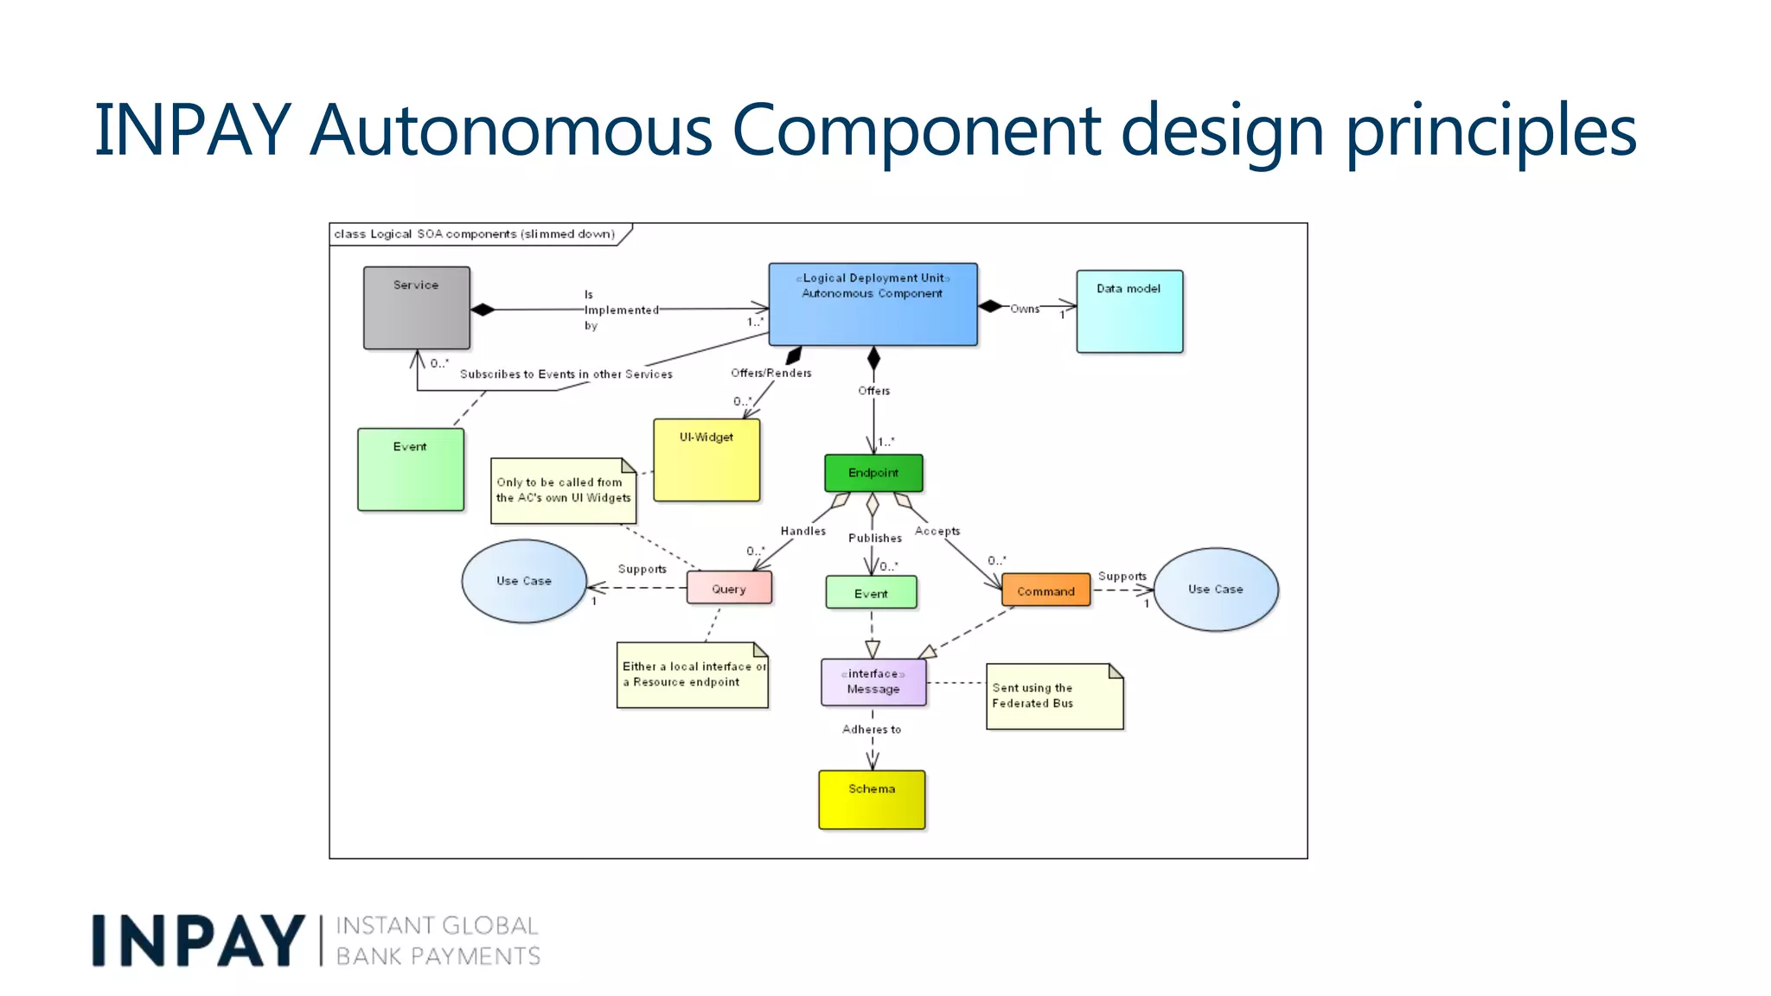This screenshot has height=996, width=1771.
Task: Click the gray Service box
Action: point(416,308)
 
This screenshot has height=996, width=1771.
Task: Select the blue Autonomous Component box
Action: point(873,304)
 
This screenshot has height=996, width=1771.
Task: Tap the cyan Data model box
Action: point(1128,311)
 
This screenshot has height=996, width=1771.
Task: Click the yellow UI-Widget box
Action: point(706,460)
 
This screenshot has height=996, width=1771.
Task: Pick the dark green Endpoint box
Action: point(873,473)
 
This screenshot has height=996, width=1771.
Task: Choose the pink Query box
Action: point(729,588)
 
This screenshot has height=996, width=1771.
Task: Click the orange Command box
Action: point(1045,591)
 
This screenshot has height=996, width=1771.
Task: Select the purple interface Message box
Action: point(873,682)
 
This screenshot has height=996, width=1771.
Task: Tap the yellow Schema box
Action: point(872,800)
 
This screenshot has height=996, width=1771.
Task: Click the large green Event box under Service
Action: point(411,469)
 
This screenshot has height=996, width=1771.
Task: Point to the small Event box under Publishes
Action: point(871,593)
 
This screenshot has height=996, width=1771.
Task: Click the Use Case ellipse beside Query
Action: point(524,581)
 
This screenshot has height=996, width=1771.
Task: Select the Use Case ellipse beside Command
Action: point(1215,589)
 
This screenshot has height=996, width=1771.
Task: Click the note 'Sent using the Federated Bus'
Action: point(1053,697)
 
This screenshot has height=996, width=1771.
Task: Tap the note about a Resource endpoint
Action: point(692,675)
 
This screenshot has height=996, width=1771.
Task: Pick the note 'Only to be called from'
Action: point(563,491)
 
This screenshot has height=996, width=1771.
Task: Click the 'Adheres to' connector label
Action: point(872,730)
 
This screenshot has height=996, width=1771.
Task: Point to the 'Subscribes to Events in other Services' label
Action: point(566,374)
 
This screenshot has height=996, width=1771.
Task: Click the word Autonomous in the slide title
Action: point(510,130)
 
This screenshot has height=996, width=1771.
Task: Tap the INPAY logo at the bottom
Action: point(199,941)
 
